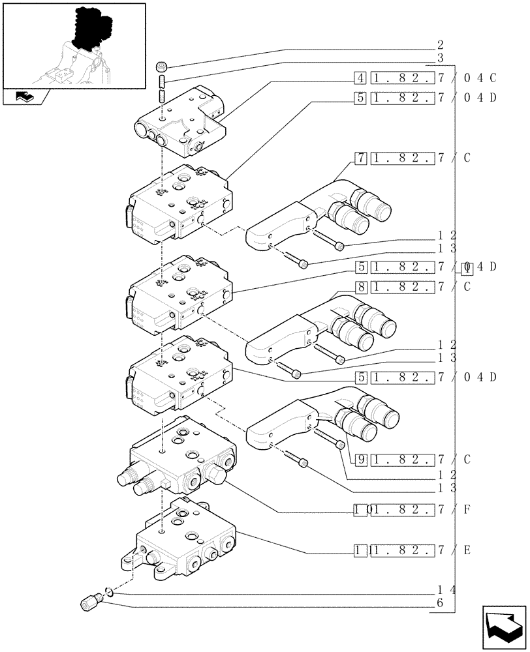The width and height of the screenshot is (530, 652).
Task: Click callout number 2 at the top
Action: click(441, 46)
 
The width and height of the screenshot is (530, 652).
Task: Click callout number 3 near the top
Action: click(441, 58)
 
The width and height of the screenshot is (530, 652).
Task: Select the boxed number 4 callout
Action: click(360, 79)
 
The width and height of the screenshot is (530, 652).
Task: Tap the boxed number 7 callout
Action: click(360, 158)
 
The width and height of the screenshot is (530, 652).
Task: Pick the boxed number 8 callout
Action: click(360, 286)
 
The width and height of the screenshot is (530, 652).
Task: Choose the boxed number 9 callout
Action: click(360, 459)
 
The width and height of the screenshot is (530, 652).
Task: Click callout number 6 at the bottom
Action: click(441, 603)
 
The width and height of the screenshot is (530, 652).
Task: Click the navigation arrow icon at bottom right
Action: click(502, 627)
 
